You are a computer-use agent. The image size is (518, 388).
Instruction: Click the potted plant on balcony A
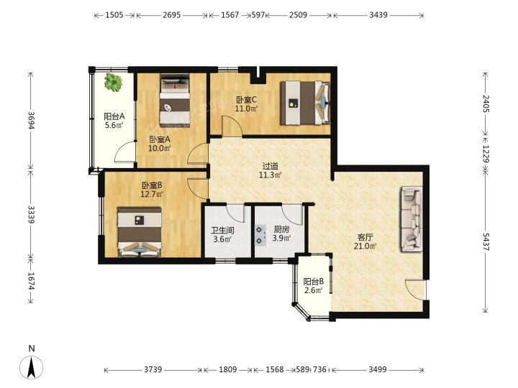click(113, 82)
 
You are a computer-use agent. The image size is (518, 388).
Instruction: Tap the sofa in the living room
click(412, 219)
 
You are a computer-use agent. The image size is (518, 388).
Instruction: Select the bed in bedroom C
click(305, 103)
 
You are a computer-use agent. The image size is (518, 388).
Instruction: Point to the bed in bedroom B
click(140, 232)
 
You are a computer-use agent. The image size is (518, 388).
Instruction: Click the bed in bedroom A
click(175, 101)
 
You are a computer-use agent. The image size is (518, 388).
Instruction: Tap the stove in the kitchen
click(260, 234)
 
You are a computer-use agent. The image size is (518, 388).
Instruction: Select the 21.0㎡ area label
click(365, 246)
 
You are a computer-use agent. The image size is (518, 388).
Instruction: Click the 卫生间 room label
click(222, 230)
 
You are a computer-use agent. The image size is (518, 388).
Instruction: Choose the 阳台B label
click(313, 282)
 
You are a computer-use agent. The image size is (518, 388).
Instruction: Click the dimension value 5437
click(486, 243)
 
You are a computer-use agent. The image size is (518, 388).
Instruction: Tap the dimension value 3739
click(153, 369)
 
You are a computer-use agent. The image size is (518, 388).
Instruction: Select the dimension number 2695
click(172, 15)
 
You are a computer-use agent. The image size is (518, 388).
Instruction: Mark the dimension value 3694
click(32, 121)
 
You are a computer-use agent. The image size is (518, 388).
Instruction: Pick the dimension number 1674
click(32, 281)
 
